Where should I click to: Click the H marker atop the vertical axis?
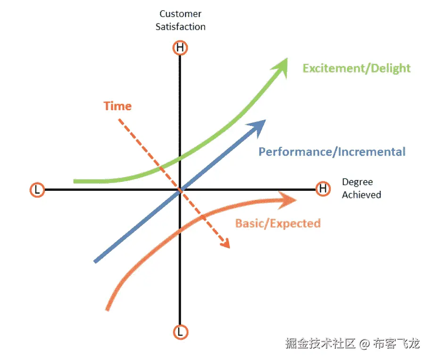pyautogui.click(x=180, y=48)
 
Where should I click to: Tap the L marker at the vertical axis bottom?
pyautogui.click(x=180, y=332)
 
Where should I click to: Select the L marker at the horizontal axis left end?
pyautogui.click(x=37, y=190)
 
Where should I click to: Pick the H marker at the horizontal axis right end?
pyautogui.click(x=323, y=189)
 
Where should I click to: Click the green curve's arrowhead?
pyautogui.click(x=282, y=65)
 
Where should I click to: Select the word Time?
pyautogui.click(x=117, y=106)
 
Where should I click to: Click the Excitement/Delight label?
pyautogui.click(x=356, y=68)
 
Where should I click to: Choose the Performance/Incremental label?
pyautogui.click(x=332, y=152)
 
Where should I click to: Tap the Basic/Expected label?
pyautogui.click(x=278, y=223)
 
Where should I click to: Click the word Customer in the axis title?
pyautogui.click(x=181, y=14)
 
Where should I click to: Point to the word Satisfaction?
pyautogui.click(x=181, y=26)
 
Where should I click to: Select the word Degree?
pyautogui.click(x=357, y=182)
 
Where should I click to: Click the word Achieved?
pyautogui.click(x=362, y=195)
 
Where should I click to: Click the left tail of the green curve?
pyautogui.click(x=75, y=181)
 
